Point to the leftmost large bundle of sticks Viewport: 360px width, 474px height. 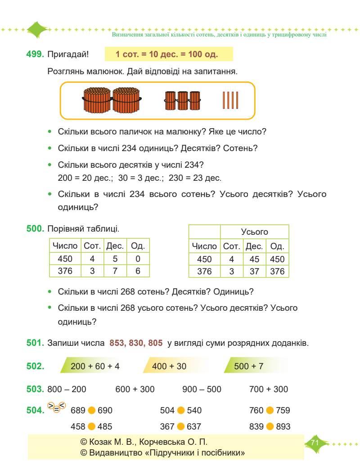click(97, 100)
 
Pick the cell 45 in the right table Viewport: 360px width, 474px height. click(254, 259)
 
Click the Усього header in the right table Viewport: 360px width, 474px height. click(254, 232)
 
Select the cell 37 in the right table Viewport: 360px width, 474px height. click(254, 272)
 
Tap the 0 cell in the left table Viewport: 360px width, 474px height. click(138, 259)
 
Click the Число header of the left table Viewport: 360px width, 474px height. click(65, 246)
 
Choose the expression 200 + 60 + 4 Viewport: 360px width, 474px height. click(95, 366)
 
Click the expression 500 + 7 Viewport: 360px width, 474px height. click(248, 366)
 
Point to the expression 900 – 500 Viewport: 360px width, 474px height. click(202, 389)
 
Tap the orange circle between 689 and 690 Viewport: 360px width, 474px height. click(92, 411)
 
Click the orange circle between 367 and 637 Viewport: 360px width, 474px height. click(181, 426)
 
